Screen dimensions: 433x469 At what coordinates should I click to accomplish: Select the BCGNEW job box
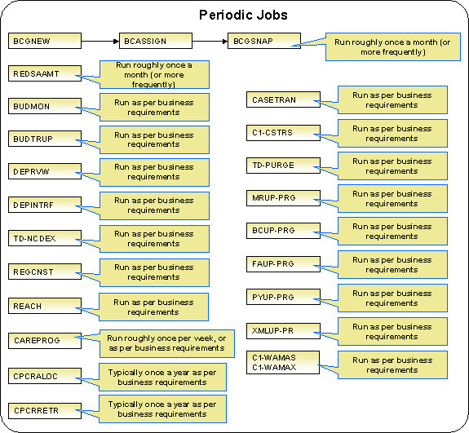pos(45,40)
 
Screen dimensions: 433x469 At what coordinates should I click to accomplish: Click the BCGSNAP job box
pos(263,40)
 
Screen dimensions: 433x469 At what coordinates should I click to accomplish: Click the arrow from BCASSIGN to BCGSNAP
pos(209,40)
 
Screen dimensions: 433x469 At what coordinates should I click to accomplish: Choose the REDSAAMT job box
pos(45,73)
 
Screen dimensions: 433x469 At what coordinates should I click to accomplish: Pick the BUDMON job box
pos(45,107)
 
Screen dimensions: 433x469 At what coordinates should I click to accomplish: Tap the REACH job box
pos(45,306)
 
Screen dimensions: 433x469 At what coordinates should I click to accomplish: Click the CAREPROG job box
pos(45,339)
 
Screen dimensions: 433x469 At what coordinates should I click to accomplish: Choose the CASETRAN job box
pos(281,99)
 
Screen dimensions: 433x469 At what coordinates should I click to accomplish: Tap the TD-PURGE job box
pos(281,165)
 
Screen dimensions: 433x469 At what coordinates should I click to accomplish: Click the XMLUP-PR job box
pos(281,330)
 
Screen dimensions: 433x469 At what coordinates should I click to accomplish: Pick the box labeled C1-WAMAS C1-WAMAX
pos(281,364)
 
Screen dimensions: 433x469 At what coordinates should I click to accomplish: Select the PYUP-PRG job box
pos(281,297)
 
